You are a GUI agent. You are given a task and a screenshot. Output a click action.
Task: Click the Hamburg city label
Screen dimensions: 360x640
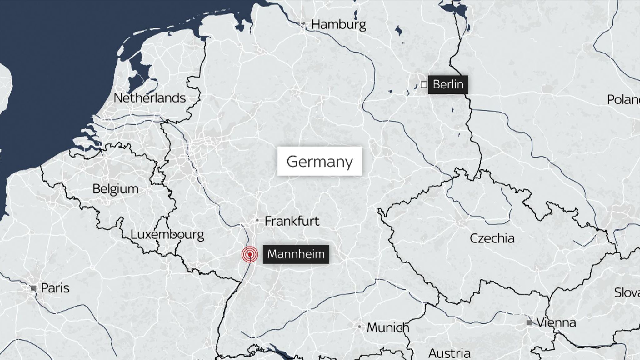[338, 25]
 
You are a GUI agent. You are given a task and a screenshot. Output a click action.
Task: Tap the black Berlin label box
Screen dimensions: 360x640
[448, 84]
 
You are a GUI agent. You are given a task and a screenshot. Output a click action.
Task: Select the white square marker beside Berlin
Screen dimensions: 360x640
[424, 85]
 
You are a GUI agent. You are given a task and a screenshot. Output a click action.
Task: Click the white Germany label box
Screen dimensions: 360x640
[319, 161]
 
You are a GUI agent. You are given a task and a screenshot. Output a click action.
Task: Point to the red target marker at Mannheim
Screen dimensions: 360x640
[250, 254]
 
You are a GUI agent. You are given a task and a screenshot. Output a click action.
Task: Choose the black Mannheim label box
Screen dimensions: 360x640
[296, 254]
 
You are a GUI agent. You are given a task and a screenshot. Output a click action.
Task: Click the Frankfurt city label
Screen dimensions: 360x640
[292, 221]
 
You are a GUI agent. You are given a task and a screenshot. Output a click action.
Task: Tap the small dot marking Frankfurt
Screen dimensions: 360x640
[257, 220]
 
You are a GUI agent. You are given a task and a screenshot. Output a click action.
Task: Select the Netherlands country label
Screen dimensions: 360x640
[149, 98]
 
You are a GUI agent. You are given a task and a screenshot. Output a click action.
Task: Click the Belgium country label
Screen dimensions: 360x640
[115, 189]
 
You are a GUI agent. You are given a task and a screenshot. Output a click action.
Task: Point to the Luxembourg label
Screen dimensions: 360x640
[167, 234]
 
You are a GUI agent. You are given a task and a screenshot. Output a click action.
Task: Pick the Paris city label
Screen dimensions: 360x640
[55, 288]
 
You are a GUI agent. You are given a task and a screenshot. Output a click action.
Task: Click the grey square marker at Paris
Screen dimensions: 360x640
[34, 288]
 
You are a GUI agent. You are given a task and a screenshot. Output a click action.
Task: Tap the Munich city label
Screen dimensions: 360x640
[388, 327]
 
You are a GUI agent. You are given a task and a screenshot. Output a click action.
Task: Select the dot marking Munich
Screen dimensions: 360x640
[360, 327]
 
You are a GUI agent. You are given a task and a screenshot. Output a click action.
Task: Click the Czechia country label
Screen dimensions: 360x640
[492, 238]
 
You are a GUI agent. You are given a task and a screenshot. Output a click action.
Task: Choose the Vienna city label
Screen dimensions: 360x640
[556, 322]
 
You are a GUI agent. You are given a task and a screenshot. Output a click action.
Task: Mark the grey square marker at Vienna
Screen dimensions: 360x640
[529, 322]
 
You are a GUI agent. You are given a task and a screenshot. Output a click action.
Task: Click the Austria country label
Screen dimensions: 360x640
[449, 353]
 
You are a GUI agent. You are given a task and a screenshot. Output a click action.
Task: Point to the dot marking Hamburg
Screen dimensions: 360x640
[303, 23]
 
